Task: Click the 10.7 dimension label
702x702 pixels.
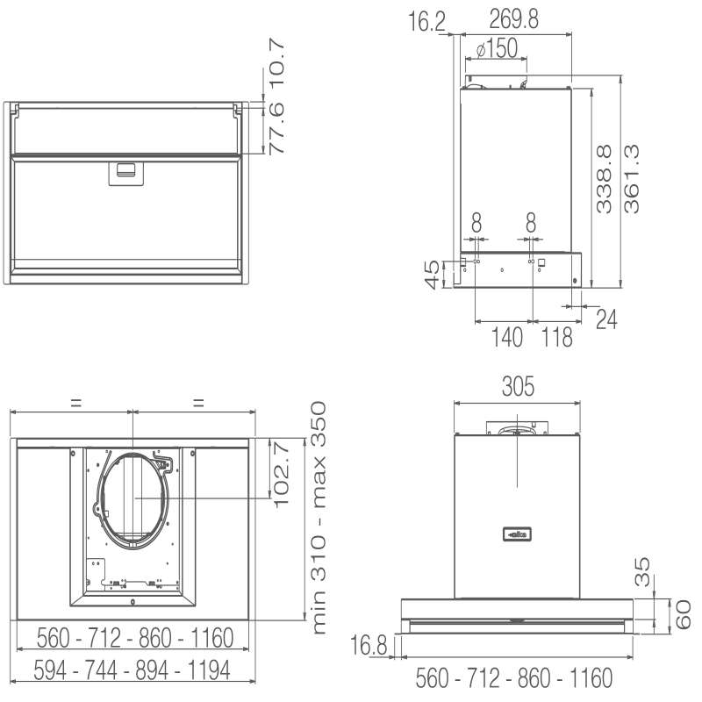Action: point(276,63)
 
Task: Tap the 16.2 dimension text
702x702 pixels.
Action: point(427,21)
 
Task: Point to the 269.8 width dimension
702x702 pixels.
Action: point(513,18)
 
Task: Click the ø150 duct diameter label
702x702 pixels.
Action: point(497,48)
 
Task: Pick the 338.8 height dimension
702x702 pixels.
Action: point(604,179)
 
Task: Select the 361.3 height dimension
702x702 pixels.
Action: point(631,179)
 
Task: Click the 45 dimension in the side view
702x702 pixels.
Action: point(432,275)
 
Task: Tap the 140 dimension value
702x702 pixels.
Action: point(507,337)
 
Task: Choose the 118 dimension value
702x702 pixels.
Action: point(557,337)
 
